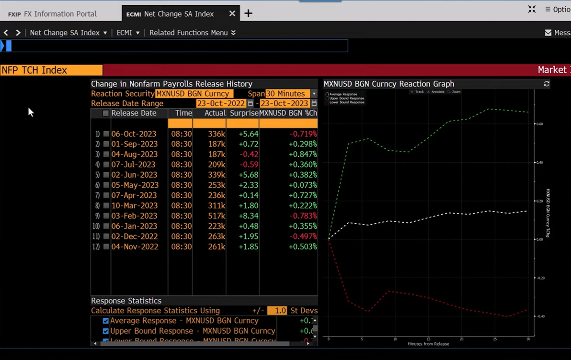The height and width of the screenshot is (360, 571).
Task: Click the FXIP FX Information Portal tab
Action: pyautogui.click(x=53, y=14)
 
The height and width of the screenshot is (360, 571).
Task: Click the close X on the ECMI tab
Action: pyautogui.click(x=232, y=13)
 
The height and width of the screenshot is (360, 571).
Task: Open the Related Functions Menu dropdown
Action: pyautogui.click(x=192, y=33)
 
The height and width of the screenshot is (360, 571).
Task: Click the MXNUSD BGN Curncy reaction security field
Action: pyautogui.click(x=194, y=94)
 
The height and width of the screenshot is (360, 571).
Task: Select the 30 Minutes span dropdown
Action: pyautogui.click(x=291, y=94)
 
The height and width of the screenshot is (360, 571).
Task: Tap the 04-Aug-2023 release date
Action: pyautogui.click(x=135, y=155)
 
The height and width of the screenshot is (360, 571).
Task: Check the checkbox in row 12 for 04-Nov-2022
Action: pyautogui.click(x=106, y=247)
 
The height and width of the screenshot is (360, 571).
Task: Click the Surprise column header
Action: pyautogui.click(x=244, y=113)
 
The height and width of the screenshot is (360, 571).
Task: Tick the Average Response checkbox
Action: pyautogui.click(x=106, y=321)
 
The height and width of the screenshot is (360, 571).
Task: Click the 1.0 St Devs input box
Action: pyautogui.click(x=277, y=311)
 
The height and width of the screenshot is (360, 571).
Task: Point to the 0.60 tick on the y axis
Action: pyautogui.click(x=539, y=124)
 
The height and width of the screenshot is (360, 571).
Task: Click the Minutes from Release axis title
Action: pyautogui.click(x=428, y=344)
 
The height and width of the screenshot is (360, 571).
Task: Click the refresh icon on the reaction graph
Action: pyautogui.click(x=547, y=84)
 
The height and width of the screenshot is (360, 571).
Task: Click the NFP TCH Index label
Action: pyautogui.click(x=34, y=70)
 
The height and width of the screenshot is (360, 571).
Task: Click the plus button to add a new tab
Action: pyautogui.click(x=248, y=13)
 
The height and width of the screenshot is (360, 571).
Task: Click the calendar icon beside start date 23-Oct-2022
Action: pyautogui.click(x=250, y=103)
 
